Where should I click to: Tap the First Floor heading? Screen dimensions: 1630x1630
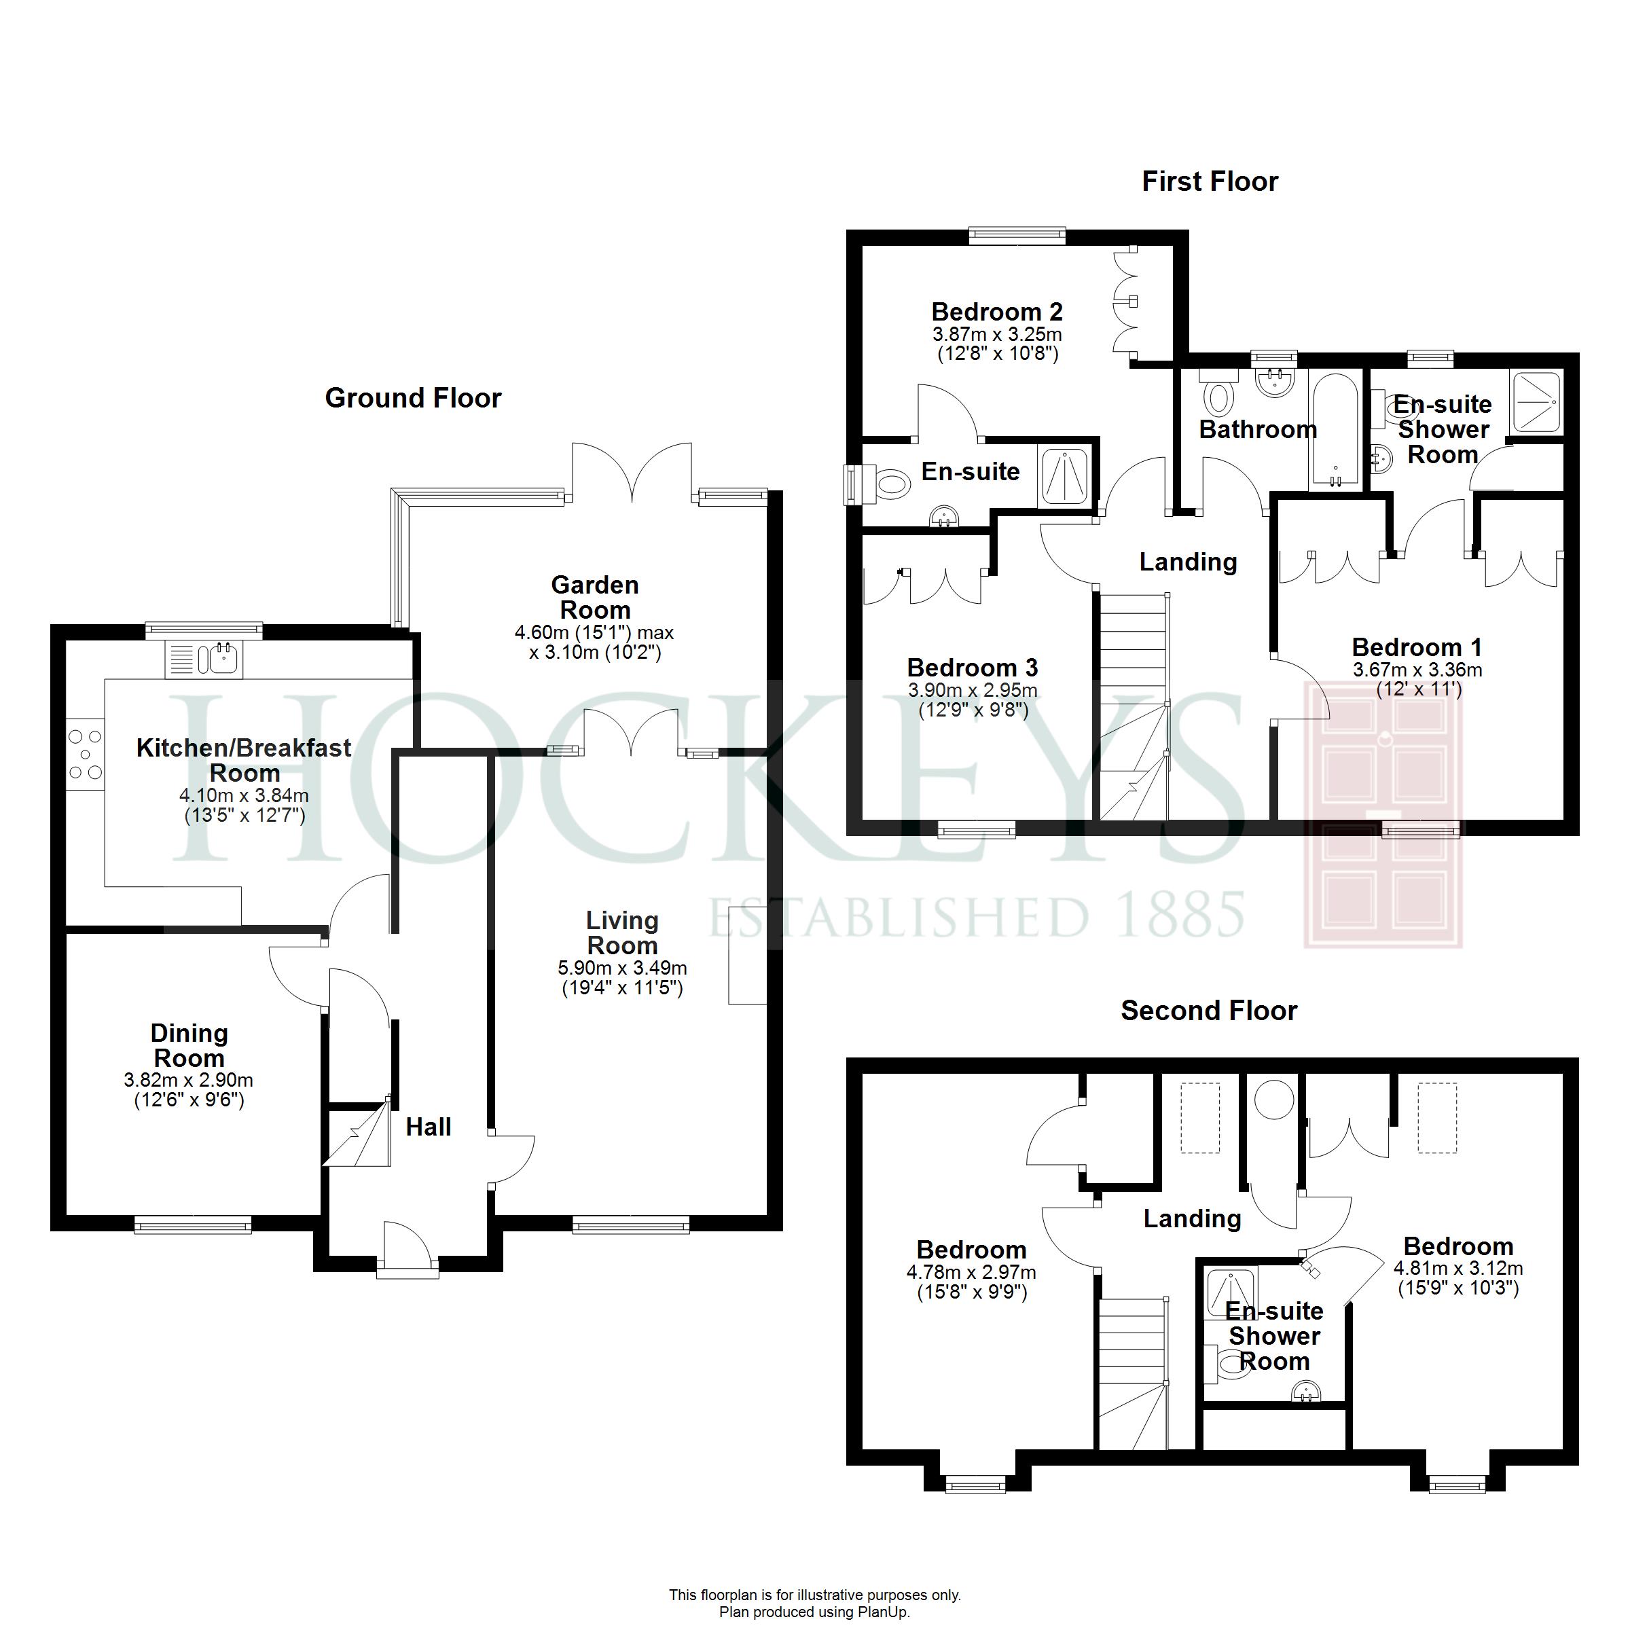tap(1210, 181)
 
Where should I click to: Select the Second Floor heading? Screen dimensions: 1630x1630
tap(1209, 1011)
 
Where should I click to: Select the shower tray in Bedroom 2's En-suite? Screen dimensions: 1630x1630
tap(1065, 477)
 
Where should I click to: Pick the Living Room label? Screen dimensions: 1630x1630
tap(623, 932)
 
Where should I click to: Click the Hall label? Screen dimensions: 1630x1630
tap(429, 1127)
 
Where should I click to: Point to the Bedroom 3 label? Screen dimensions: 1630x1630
tap(973, 668)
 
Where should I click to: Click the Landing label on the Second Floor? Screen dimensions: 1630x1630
tap(1192, 1218)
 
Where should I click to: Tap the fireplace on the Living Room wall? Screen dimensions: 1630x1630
tap(748, 955)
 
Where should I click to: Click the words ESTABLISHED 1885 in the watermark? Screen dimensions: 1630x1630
tap(975, 915)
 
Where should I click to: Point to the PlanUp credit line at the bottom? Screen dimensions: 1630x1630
tap(815, 1612)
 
